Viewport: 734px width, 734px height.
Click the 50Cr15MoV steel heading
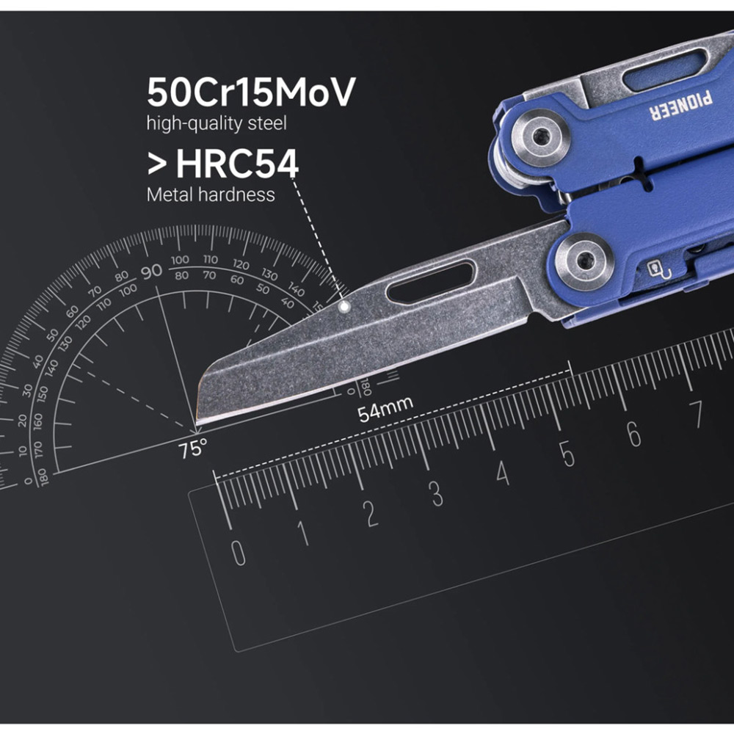click(x=251, y=92)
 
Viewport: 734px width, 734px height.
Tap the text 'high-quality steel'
click(x=216, y=123)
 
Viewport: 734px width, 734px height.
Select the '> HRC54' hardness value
click(x=223, y=165)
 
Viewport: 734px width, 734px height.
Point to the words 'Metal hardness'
click(x=211, y=195)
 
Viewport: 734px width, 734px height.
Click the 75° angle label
click(x=193, y=448)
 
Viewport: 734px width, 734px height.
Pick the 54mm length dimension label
click(x=385, y=408)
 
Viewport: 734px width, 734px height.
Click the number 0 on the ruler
click(x=239, y=552)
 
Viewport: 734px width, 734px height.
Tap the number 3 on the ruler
click(x=436, y=494)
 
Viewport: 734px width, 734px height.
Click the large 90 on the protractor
click(x=151, y=272)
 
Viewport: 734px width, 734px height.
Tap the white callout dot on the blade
click(x=344, y=308)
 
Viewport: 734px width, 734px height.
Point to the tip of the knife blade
click(x=198, y=421)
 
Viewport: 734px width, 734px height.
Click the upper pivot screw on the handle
click(x=542, y=135)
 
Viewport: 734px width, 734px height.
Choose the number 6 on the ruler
click(x=633, y=435)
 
